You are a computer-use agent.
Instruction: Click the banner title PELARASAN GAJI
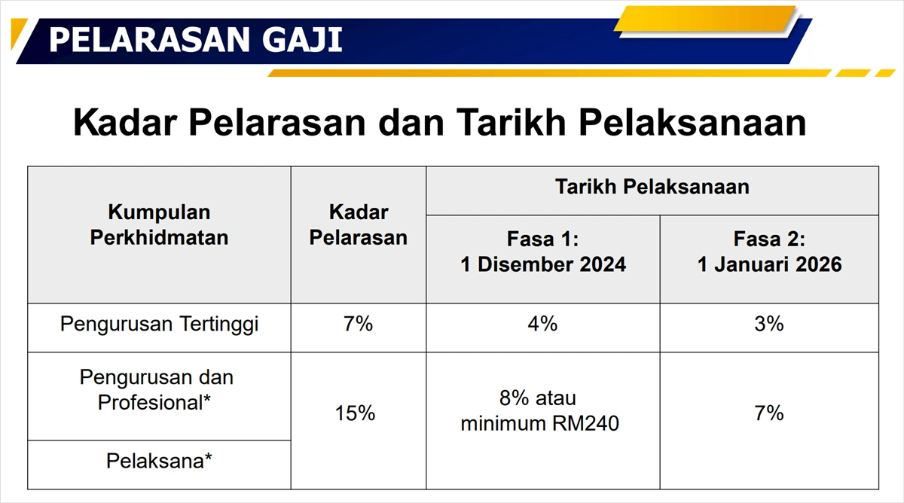coord(195,40)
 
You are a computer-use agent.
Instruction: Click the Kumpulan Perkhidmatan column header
coord(159,225)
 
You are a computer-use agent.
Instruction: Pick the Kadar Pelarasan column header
coord(359,225)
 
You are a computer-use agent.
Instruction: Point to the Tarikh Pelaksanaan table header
coord(652,187)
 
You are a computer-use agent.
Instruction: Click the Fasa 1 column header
coord(542,240)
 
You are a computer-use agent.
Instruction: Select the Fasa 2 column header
coord(769,240)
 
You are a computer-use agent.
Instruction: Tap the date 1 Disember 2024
coord(543,265)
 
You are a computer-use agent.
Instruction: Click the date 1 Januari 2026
coord(769,265)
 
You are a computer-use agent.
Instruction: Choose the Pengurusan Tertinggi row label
coord(159,325)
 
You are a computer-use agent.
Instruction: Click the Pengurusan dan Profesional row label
coord(156,389)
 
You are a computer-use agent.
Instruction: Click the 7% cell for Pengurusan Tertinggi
coord(359,325)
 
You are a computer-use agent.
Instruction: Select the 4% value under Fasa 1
coord(542,325)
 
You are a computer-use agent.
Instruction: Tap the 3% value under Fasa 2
coord(769,325)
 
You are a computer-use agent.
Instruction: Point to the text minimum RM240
coord(539,424)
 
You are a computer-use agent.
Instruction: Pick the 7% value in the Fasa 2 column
coord(769,413)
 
